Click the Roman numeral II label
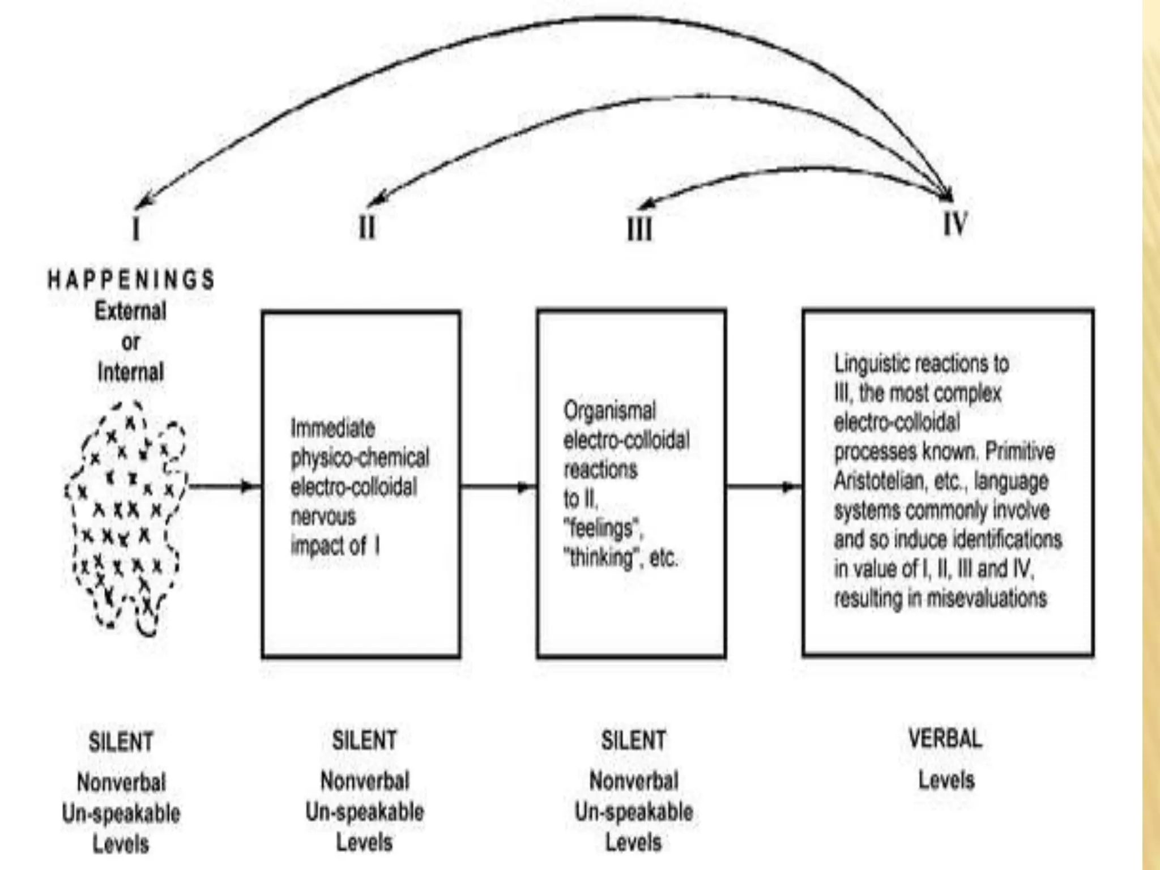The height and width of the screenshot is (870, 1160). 367,228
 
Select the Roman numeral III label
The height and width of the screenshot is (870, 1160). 639,229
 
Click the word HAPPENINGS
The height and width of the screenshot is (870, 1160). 131,280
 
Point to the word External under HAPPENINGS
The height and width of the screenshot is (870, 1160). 130,311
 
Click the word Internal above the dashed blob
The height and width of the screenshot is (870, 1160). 131,372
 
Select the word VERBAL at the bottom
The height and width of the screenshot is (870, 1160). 945,738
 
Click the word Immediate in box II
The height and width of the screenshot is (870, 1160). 332,428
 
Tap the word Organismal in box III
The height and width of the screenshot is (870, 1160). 609,411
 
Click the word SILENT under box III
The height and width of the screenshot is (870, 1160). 634,740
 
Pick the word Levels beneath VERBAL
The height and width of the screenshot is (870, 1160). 946,780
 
